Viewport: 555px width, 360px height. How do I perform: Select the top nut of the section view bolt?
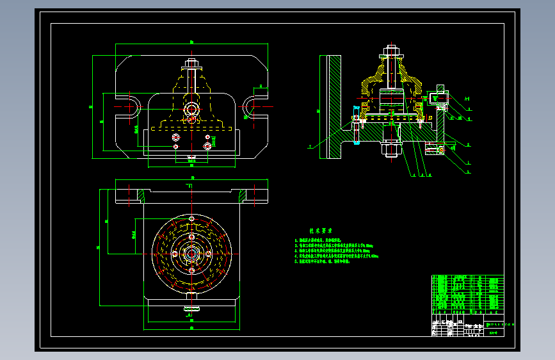[x=392, y=51]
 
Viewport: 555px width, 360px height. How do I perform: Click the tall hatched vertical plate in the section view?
[x=334, y=107]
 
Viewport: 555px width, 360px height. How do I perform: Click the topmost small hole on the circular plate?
[x=191, y=218]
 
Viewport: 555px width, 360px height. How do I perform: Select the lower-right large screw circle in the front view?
[x=207, y=147]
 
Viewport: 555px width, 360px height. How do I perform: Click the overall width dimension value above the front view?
[x=191, y=42]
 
